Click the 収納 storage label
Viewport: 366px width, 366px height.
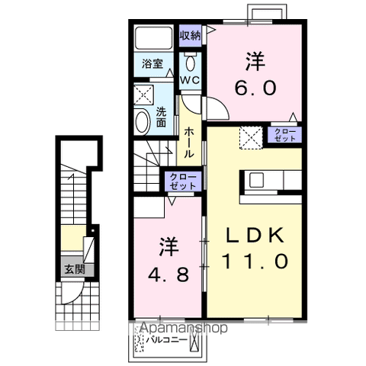(x=191, y=35)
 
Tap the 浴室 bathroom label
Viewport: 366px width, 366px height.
(x=152, y=66)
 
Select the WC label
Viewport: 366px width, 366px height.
(x=190, y=79)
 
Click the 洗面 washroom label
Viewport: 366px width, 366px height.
(x=162, y=115)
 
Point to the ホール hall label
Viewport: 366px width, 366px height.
(x=189, y=143)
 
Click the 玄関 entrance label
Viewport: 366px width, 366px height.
(x=74, y=268)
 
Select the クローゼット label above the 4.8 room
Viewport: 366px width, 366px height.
(x=184, y=181)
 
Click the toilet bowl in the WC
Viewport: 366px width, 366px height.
(x=191, y=61)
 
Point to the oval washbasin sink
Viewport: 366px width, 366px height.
(x=143, y=122)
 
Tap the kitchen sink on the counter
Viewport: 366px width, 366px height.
(x=255, y=181)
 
